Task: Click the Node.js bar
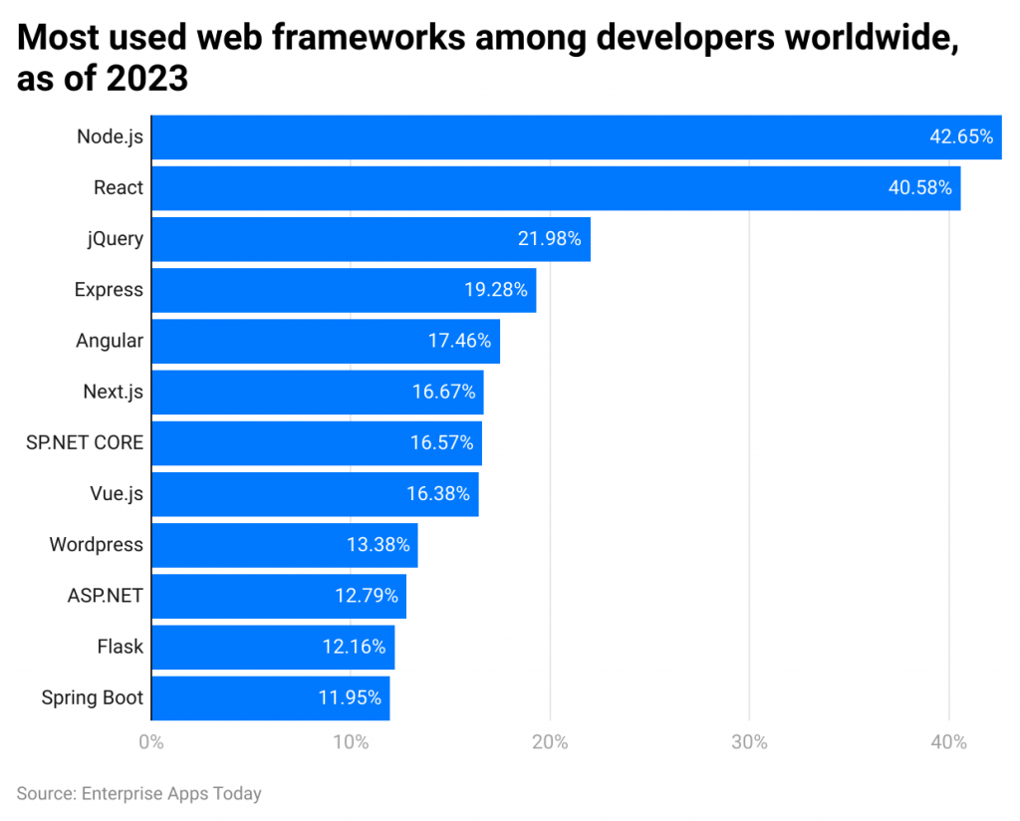pyautogui.click(x=577, y=137)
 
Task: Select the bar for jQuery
pyautogui.click(x=371, y=239)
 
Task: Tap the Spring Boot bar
pyautogui.click(x=271, y=698)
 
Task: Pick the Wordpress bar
pyautogui.click(x=285, y=545)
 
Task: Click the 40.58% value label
pyautogui.click(x=919, y=188)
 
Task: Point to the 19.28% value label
pyautogui.click(x=496, y=290)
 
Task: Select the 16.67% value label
pyautogui.click(x=443, y=392)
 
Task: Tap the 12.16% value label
pyautogui.click(x=354, y=647)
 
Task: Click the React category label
pyautogui.click(x=119, y=188)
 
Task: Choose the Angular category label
pyautogui.click(x=110, y=341)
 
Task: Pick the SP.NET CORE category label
pyautogui.click(x=85, y=443)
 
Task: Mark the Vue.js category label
pyautogui.click(x=117, y=494)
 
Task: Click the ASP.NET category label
pyautogui.click(x=106, y=596)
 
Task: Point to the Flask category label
pyautogui.click(x=121, y=647)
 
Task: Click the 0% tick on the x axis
pyautogui.click(x=151, y=742)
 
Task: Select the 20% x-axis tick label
pyautogui.click(x=550, y=742)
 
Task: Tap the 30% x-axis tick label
pyautogui.click(x=749, y=742)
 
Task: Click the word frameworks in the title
pyautogui.click(x=369, y=37)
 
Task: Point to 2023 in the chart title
pyautogui.click(x=147, y=79)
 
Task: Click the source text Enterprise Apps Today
pyautogui.click(x=171, y=794)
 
